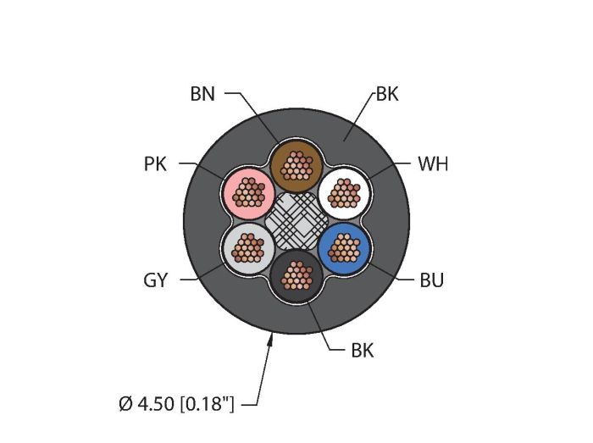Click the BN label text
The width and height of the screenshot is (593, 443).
(202, 94)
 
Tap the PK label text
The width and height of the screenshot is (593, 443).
(155, 164)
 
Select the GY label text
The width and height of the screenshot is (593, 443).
(155, 280)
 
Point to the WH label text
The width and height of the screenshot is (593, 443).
(433, 164)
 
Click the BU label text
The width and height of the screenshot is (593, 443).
(431, 280)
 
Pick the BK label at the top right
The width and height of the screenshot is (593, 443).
(387, 94)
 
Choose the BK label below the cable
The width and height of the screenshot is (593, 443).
(363, 351)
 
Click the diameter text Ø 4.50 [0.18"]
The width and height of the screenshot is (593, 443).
(176, 404)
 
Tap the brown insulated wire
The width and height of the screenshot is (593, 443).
(296, 165)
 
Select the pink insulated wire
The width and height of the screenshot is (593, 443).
(249, 192)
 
